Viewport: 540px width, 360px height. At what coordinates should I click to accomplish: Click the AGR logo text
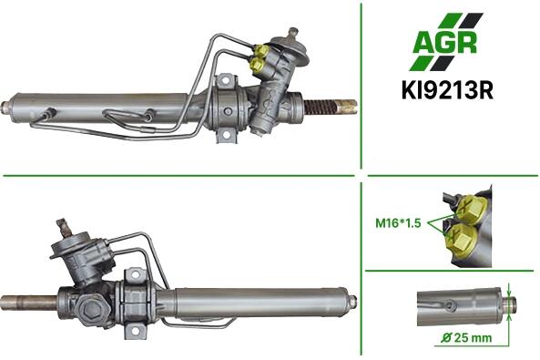click(445, 43)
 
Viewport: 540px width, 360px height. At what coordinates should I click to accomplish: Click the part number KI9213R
click(447, 90)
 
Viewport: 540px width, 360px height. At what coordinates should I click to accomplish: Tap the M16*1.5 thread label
click(398, 223)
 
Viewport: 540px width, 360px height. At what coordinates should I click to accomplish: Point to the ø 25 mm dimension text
click(466, 337)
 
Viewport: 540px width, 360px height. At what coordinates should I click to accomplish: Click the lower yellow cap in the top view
click(257, 64)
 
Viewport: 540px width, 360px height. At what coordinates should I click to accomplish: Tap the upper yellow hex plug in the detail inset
click(471, 208)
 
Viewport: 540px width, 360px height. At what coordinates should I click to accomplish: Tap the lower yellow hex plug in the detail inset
click(462, 238)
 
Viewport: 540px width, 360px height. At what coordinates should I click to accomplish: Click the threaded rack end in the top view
click(321, 107)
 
